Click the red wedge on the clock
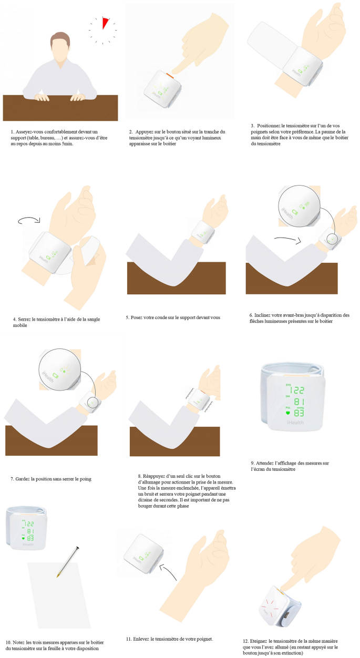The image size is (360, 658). click(x=105, y=23)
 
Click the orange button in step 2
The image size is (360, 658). click(x=169, y=76)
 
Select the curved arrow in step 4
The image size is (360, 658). click(x=29, y=220)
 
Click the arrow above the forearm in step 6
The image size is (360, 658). click(x=288, y=240)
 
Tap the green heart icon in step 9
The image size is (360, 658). click(x=288, y=413)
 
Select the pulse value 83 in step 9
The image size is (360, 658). click(x=299, y=413)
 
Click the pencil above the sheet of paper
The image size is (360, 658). click(x=68, y=561)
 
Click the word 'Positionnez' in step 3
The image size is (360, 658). click(x=269, y=126)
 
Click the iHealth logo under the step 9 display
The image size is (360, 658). click(x=295, y=423)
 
